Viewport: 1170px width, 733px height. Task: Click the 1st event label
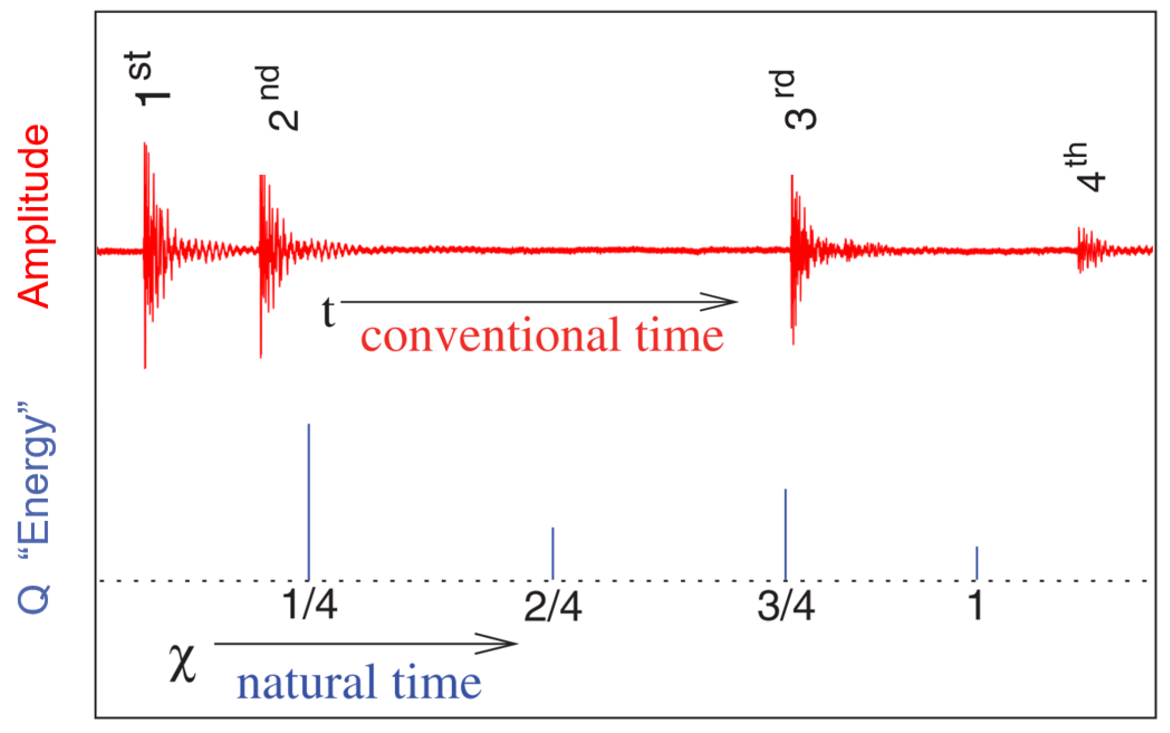(x=146, y=79)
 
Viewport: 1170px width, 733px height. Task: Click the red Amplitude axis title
(x=34, y=216)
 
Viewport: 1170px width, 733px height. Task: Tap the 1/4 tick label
(x=310, y=605)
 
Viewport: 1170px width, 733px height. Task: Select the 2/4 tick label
(x=552, y=607)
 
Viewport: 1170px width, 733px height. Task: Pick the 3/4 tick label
(x=785, y=607)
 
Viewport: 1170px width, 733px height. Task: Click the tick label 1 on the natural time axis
(x=976, y=605)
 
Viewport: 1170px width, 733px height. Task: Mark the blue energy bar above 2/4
(x=553, y=553)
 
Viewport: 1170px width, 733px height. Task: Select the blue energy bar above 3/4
(x=786, y=534)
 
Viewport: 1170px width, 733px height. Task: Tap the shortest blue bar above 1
(x=977, y=563)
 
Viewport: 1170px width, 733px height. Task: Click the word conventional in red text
(x=490, y=336)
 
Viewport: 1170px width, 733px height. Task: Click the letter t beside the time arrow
(x=328, y=312)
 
